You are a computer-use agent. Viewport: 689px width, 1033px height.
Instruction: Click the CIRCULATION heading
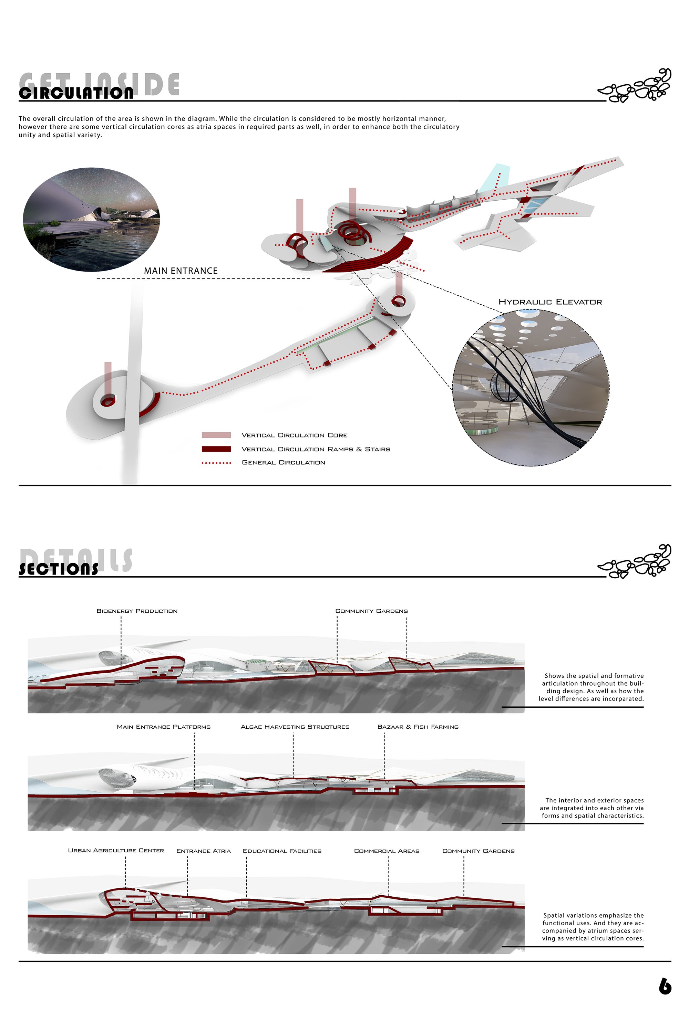[76, 93]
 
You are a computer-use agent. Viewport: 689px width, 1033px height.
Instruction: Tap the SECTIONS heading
[59, 569]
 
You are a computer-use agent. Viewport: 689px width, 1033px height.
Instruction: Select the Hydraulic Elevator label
[550, 302]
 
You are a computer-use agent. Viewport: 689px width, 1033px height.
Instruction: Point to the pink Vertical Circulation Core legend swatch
[216, 435]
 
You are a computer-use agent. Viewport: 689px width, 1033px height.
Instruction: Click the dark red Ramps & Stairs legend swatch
[216, 449]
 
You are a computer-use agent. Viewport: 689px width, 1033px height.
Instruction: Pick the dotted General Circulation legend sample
[216, 463]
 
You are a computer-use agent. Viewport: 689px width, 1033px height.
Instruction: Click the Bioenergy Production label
[137, 611]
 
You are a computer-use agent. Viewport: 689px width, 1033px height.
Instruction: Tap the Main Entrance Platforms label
[163, 727]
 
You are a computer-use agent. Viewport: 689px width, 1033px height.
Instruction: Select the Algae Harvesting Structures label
[295, 727]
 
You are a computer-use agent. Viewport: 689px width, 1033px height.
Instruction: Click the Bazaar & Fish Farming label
[418, 727]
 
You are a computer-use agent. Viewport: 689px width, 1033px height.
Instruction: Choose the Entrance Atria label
[204, 851]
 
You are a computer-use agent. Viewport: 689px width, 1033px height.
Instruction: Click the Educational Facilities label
[282, 851]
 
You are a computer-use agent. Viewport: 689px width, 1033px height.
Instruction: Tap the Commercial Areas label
[387, 851]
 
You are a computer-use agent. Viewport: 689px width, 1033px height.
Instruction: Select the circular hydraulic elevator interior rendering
[531, 388]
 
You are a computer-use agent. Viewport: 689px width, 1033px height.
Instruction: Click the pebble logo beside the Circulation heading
[635, 86]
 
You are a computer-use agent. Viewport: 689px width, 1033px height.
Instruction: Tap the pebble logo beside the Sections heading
[635, 561]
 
